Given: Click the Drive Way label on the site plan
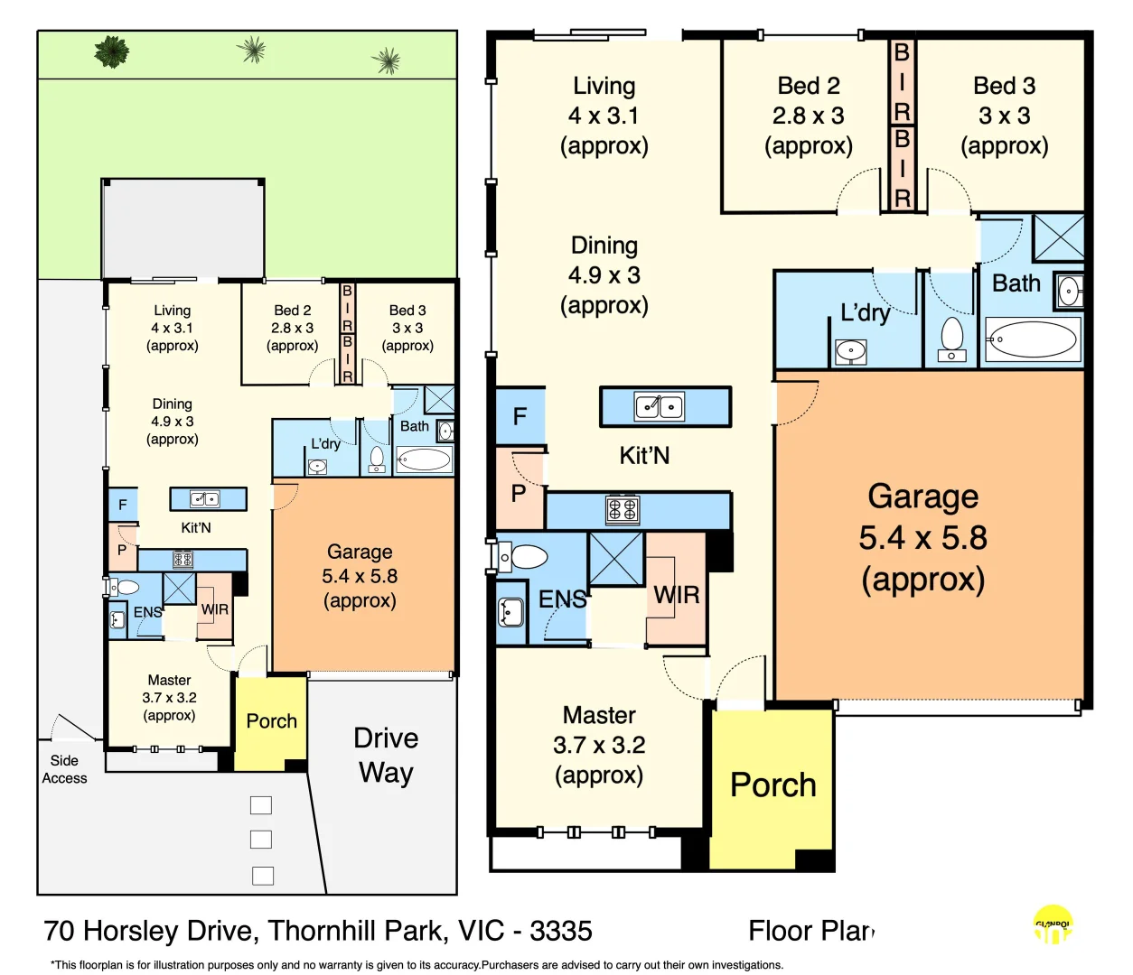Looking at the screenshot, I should pyautogui.click(x=386, y=756).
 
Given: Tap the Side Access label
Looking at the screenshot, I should pyautogui.click(x=64, y=769).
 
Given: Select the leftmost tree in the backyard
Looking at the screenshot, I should pyautogui.click(x=111, y=51).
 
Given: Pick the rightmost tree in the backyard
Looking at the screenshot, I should pyautogui.click(x=387, y=61).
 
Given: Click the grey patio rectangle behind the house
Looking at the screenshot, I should pyautogui.click(x=183, y=228).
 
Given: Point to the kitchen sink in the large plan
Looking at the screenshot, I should pyautogui.click(x=660, y=407).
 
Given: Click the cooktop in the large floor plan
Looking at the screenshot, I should pyautogui.click(x=622, y=510).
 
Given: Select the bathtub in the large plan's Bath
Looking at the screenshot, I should pyautogui.click(x=1032, y=340).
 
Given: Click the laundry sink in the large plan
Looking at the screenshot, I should pyautogui.click(x=850, y=350).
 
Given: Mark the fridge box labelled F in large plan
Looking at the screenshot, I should pyautogui.click(x=520, y=416).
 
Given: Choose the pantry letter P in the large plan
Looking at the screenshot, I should pyautogui.click(x=519, y=493).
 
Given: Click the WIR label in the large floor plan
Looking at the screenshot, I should pyautogui.click(x=677, y=595).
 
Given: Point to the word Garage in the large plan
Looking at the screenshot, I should pyautogui.click(x=922, y=497).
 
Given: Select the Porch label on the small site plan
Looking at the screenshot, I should pyautogui.click(x=271, y=721).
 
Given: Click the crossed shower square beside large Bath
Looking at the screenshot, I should pyautogui.click(x=1058, y=237).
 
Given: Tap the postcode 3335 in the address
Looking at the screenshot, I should pyautogui.click(x=561, y=931).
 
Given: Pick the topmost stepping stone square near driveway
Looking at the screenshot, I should pyautogui.click(x=261, y=805).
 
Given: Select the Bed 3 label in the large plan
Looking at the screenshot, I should pyautogui.click(x=1004, y=86).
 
